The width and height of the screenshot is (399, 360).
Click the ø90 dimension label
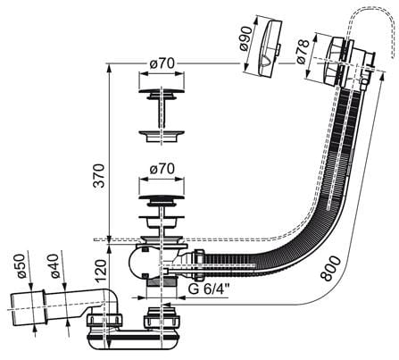pos(246,38)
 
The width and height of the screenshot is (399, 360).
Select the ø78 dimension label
pos(303,52)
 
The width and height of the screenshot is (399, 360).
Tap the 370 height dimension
pos(99,176)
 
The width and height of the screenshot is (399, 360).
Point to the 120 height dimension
pos(101,271)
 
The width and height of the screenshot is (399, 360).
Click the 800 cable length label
pos(331,268)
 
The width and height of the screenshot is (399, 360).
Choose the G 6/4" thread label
pos(209,289)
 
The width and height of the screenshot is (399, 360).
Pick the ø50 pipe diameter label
pos(23,266)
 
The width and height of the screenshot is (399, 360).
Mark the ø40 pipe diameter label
pos(57,266)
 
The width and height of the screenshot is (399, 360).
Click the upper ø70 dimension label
pos(162,63)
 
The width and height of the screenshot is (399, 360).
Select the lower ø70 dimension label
pos(162,170)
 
